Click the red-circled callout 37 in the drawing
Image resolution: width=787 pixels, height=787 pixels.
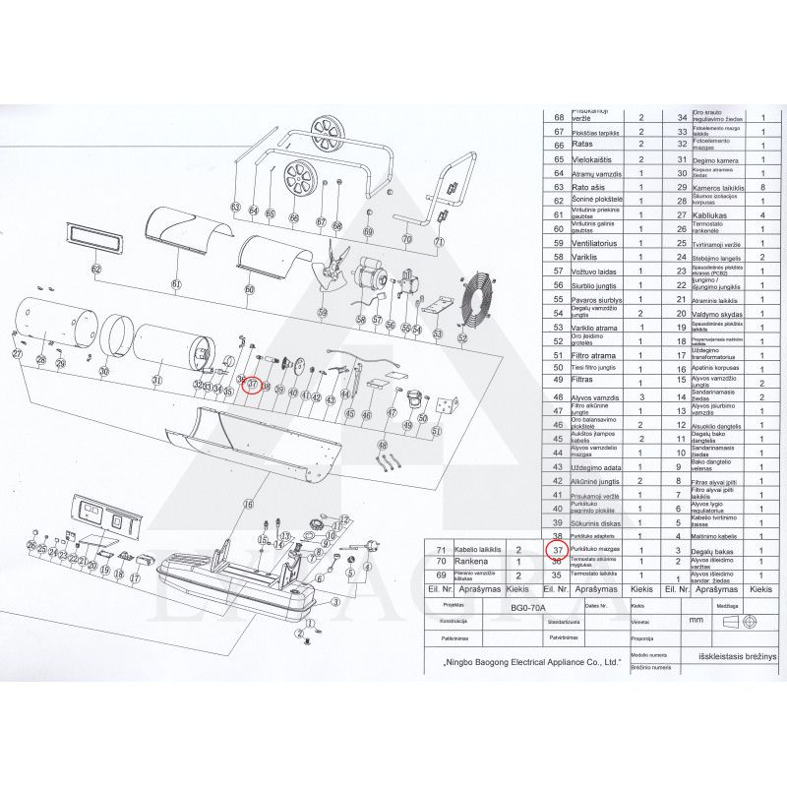[x=252, y=385]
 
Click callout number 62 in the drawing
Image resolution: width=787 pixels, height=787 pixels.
[x=95, y=269]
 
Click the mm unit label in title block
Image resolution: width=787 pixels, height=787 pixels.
[x=696, y=622]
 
